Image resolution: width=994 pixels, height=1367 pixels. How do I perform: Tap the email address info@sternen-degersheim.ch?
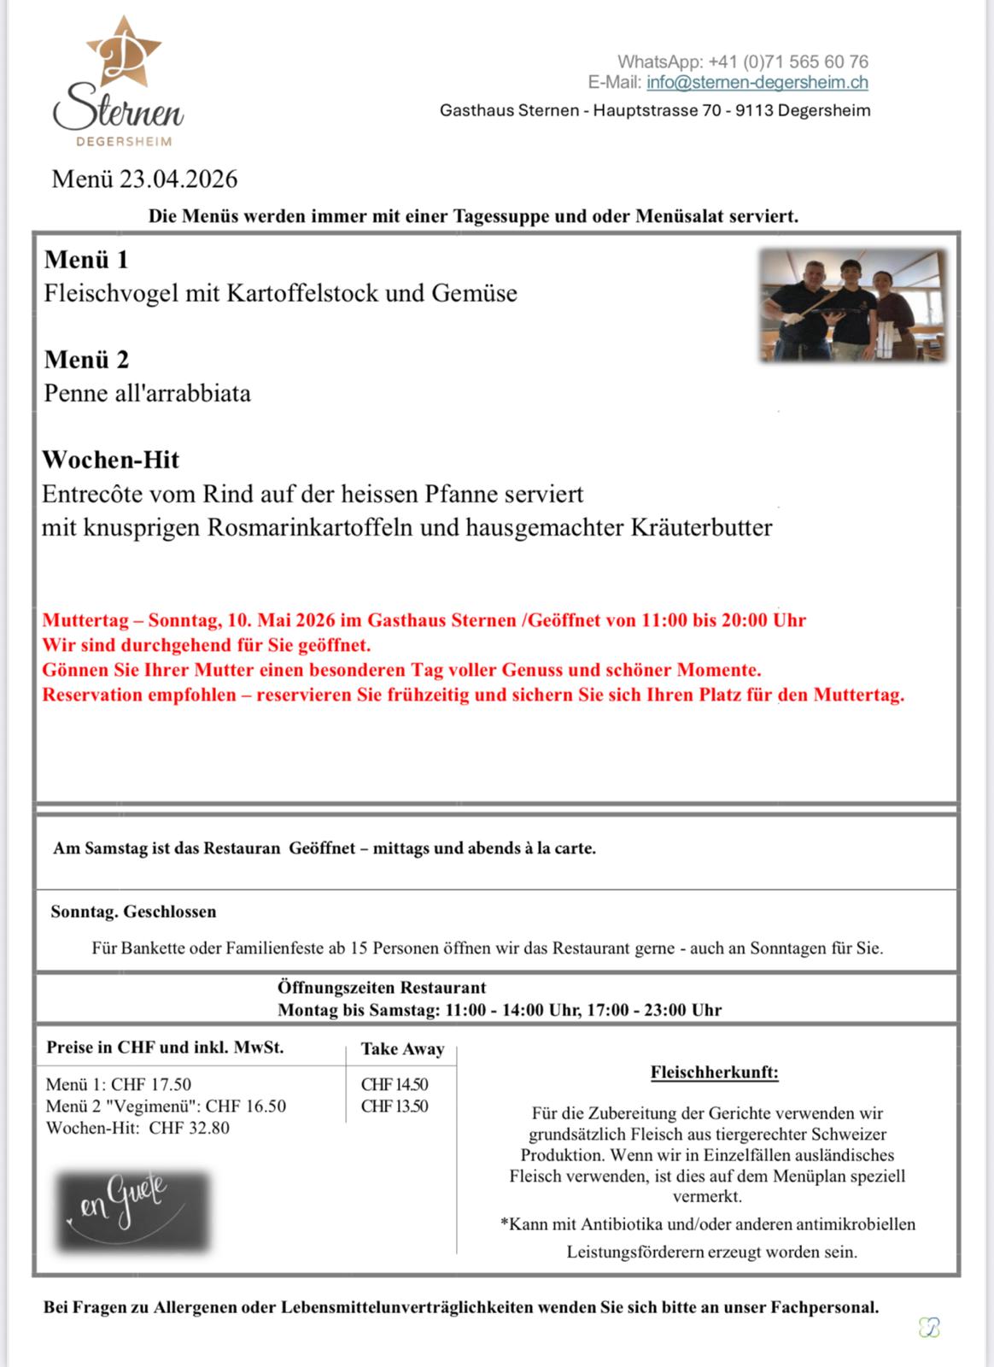(757, 83)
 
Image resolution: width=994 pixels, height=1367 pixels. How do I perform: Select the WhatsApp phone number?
(788, 62)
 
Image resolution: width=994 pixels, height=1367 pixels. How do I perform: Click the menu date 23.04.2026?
(178, 179)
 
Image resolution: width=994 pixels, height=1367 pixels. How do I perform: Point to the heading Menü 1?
(86, 260)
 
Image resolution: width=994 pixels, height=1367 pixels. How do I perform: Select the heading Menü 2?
(86, 360)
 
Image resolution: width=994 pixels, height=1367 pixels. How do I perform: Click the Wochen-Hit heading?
(111, 460)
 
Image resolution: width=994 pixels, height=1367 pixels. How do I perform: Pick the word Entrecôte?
(93, 494)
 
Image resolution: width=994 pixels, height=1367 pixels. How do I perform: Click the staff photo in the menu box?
(853, 305)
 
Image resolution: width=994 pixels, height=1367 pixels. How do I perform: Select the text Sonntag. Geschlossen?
(133, 912)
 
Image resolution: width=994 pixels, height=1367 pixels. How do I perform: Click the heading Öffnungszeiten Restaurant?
(382, 988)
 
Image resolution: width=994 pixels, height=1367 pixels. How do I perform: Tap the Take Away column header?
(402, 1049)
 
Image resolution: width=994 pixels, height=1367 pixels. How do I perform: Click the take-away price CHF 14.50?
(395, 1085)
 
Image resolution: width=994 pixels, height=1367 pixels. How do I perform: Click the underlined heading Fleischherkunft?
(714, 1072)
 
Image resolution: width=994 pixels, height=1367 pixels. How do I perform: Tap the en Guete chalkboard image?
(133, 1210)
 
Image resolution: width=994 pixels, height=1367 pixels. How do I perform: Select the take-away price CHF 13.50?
(395, 1106)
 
